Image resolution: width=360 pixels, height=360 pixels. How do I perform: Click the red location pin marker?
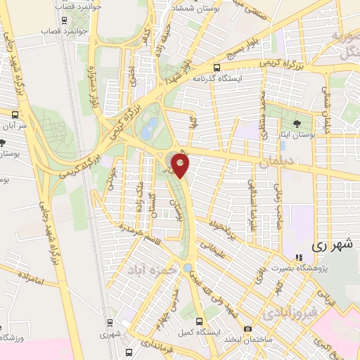click(181, 167)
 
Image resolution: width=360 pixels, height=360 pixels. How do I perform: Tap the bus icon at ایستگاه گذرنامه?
click(217, 68)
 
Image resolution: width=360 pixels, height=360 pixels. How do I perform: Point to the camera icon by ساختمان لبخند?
click(247, 328)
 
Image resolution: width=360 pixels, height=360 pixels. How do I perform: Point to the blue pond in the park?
click(148, 129)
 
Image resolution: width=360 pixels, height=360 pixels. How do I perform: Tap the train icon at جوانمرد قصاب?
click(65, 20)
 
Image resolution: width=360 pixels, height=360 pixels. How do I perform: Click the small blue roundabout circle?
click(186, 267)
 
